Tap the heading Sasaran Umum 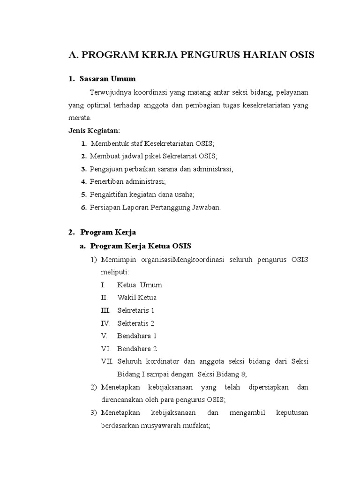pos(107,78)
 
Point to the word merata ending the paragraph pos(81,117)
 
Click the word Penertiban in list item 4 pos(107,181)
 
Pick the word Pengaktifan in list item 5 pos(109,194)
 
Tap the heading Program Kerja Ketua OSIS pos(141,246)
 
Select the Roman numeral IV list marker pos(105,323)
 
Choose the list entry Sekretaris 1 pos(135,310)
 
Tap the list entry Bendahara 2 pos(137,349)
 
